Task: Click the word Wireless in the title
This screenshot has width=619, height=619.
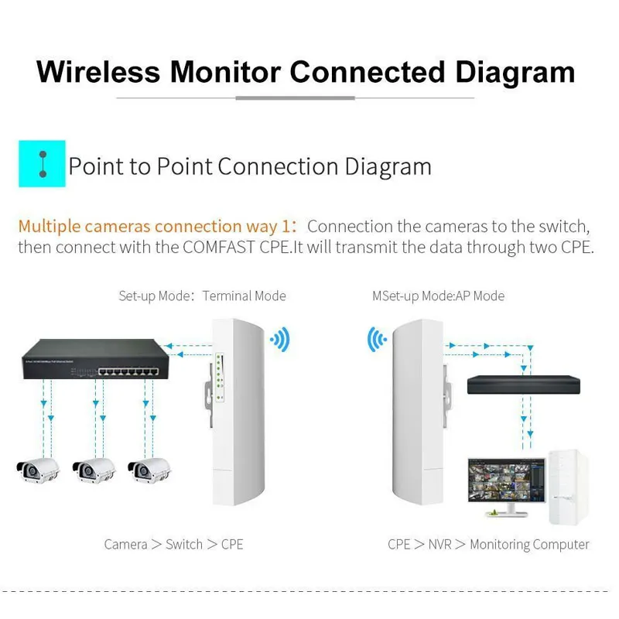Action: (99, 72)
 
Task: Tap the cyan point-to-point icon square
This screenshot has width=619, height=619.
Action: (43, 163)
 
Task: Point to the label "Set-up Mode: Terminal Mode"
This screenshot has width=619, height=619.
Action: (202, 296)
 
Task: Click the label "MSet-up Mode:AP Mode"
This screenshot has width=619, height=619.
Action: (438, 296)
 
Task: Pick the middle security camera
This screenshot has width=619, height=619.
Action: (94, 467)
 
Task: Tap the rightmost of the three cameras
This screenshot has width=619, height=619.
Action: (149, 467)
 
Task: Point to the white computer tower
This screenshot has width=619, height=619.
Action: (568, 488)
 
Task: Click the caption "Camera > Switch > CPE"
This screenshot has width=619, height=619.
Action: (174, 544)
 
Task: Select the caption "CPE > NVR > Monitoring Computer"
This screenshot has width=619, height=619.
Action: (488, 544)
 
